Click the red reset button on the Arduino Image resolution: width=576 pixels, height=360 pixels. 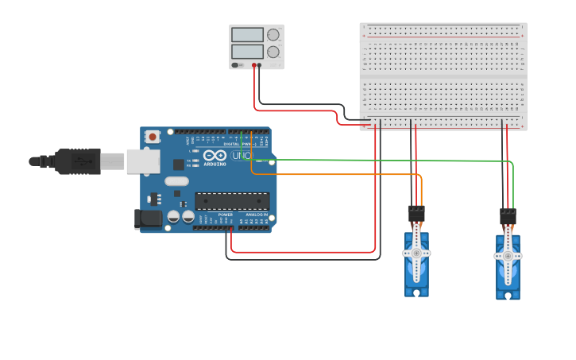(152, 137)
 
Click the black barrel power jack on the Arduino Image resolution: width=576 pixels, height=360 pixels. (149, 219)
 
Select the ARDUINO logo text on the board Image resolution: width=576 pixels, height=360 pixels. (215, 164)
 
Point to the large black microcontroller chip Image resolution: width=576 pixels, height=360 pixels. (232, 201)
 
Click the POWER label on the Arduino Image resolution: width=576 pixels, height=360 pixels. (226, 215)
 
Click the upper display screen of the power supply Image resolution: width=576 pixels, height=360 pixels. (247, 35)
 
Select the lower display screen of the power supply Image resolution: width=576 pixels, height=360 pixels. (247, 52)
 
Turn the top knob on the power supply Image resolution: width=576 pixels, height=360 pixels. (273, 35)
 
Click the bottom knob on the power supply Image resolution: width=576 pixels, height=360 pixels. (273, 52)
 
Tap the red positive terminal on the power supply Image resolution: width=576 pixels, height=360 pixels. (254, 65)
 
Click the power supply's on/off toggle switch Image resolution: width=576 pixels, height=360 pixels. (235, 65)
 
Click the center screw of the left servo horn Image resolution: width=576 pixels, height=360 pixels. (416, 254)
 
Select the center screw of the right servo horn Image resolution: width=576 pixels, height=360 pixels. (508, 256)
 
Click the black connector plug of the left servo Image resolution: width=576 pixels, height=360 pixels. (416, 213)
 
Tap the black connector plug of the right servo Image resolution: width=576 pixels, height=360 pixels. (508, 215)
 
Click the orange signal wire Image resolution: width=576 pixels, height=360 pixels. (334, 173)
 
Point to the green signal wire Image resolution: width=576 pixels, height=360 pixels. (381, 161)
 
